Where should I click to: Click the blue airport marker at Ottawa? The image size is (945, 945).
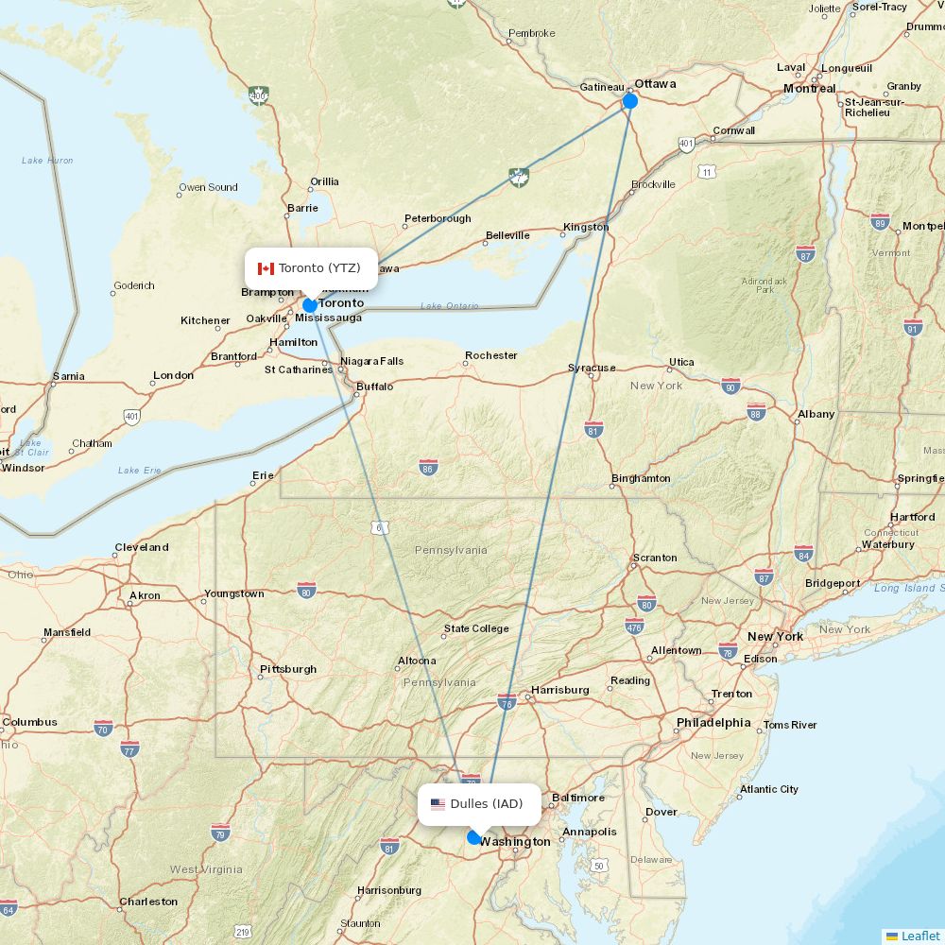pos(630,101)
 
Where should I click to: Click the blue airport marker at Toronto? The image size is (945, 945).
pos(310,305)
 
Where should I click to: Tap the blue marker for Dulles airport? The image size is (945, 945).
pos(474,837)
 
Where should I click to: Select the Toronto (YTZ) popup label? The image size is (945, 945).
pos(311,268)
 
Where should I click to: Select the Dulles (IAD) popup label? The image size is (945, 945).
pos(479,804)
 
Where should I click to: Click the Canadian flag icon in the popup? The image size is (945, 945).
pos(266,268)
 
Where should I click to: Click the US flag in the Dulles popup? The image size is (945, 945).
pos(438,804)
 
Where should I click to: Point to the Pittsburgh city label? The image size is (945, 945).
pos(288,669)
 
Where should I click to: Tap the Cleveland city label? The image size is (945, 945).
pos(142,547)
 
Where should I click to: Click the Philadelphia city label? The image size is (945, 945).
pos(713,723)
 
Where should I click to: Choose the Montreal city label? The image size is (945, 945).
pos(809,88)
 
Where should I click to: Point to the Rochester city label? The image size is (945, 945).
pos(491,355)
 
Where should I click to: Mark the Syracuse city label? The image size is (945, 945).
pos(592,368)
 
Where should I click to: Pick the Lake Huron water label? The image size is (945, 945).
pos(47,161)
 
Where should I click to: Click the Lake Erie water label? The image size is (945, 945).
pos(141,470)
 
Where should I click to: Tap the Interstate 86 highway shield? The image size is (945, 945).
pos(428,467)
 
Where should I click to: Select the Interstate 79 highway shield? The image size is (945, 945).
pos(220,833)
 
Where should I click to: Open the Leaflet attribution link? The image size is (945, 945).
pos(919,936)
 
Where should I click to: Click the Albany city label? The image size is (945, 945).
pos(816,414)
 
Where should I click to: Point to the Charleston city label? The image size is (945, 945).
pos(148,902)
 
